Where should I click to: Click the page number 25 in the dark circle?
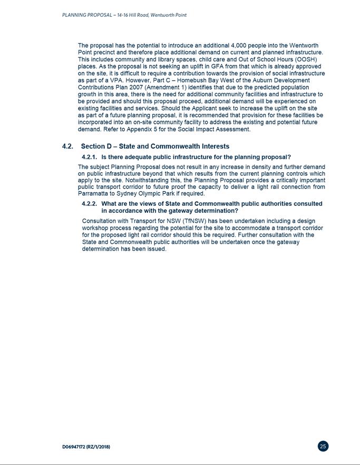(323, 446)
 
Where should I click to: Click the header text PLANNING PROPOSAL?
(85, 15)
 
